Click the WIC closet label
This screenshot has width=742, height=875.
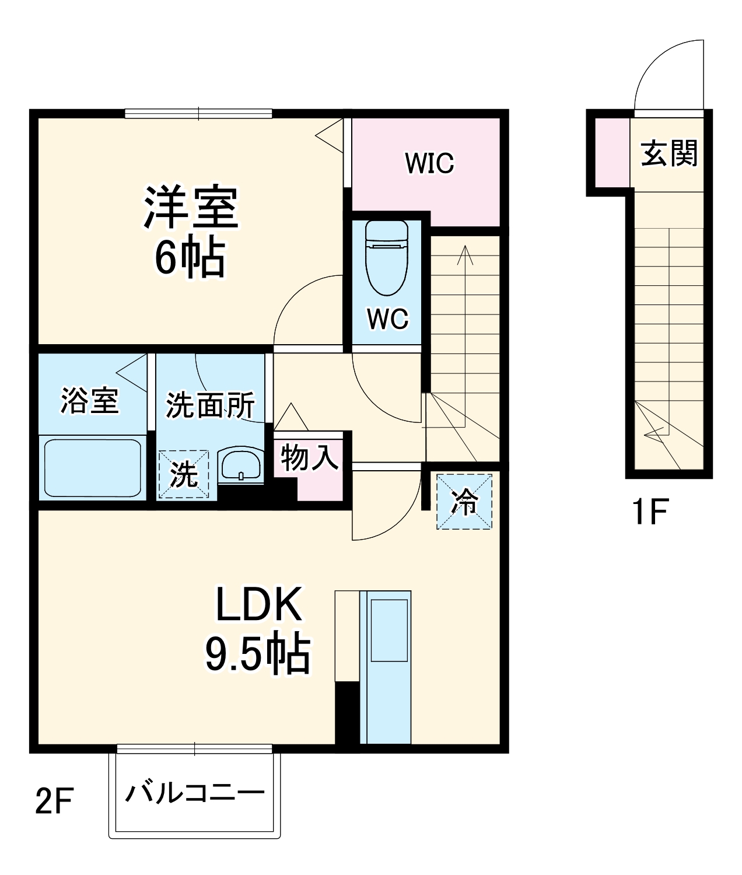point(429,163)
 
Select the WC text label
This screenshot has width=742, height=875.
point(387,318)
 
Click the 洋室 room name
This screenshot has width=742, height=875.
point(191,207)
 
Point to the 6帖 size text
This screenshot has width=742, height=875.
point(190,257)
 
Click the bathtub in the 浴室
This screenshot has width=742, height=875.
point(93,467)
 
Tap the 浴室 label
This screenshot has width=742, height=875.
point(90,401)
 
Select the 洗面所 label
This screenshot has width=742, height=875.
point(210,405)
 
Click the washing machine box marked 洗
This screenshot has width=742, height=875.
point(184,474)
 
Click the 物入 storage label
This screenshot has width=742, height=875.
point(309,457)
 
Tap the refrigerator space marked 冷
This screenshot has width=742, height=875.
point(464,502)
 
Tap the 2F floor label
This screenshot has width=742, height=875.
point(54,801)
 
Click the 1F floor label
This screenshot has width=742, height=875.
point(649,512)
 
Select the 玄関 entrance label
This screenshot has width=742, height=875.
point(669,153)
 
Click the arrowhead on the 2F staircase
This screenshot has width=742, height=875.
point(465,253)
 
